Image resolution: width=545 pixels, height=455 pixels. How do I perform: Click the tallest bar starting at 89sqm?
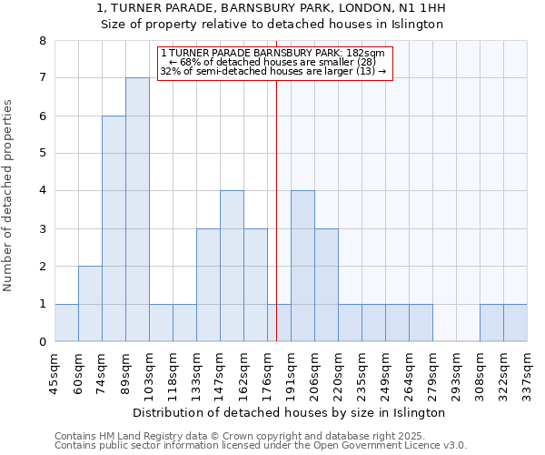point(137,209)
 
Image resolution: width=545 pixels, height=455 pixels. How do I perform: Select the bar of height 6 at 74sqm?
point(114,228)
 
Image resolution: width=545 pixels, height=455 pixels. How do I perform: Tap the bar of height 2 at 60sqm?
point(90,304)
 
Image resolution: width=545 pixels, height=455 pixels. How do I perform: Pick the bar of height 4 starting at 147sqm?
point(232,266)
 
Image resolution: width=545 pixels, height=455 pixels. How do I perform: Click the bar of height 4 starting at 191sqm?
point(302,266)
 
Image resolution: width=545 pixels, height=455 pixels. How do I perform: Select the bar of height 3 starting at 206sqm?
point(326,285)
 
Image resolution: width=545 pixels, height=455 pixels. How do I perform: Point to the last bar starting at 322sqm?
point(515,323)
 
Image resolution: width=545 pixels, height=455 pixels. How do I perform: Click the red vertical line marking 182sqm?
point(276,227)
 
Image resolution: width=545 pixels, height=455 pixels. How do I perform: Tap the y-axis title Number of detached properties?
point(9,197)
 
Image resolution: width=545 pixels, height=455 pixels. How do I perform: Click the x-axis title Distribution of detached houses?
point(295,412)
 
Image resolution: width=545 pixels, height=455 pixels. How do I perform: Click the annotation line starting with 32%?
point(273,71)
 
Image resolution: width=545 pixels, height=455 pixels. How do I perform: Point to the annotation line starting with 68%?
point(273,62)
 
